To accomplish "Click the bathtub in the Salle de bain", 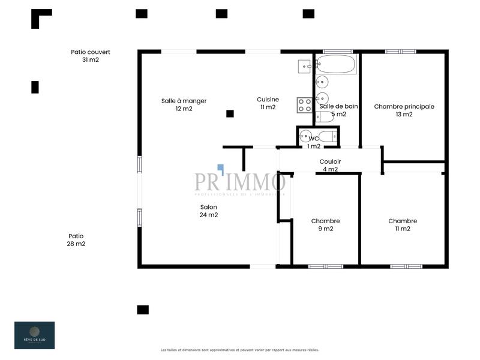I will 337,64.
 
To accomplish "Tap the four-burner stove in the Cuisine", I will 305,106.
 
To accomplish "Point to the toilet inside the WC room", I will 326,136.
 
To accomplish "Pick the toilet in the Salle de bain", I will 324,117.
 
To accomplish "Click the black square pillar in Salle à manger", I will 230,113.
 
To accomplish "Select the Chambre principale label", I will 404,106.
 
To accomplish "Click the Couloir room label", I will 330,161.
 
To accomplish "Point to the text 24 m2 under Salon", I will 209,215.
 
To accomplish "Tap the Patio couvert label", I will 91,52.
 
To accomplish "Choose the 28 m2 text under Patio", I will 76,244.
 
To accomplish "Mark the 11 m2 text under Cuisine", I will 268,107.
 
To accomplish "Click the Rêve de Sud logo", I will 34,335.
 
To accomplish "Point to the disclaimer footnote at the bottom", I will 240,350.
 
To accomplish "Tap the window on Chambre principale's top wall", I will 401,52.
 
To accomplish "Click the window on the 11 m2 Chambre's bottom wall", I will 406,266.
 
